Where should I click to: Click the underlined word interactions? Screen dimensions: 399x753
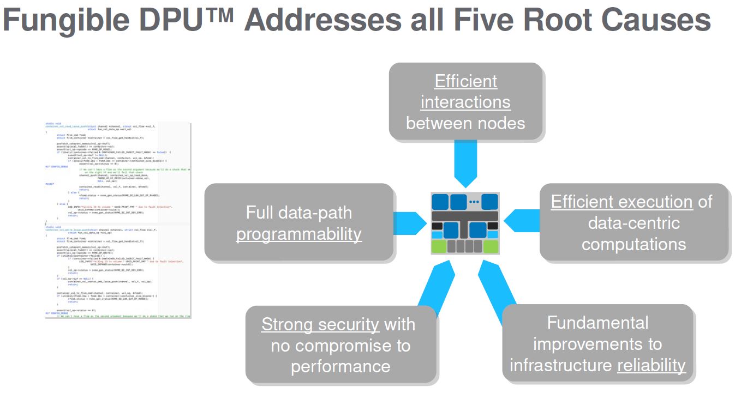[465, 102]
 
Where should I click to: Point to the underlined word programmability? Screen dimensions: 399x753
[298, 234]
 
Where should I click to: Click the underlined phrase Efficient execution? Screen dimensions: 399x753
[621, 202]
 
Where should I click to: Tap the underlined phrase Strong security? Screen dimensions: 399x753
[320, 324]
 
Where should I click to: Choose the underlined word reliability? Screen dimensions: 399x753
[651, 365]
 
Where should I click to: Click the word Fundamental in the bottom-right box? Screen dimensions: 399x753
[597, 323]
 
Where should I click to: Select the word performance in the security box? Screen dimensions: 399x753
[340, 366]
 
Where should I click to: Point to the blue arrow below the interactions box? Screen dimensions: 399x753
[465, 164]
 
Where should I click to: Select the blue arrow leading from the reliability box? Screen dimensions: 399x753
[497, 289]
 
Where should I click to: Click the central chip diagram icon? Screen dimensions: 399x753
[465, 223]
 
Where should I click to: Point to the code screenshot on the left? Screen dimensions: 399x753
[118, 220]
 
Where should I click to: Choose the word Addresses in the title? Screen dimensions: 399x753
[322, 21]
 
